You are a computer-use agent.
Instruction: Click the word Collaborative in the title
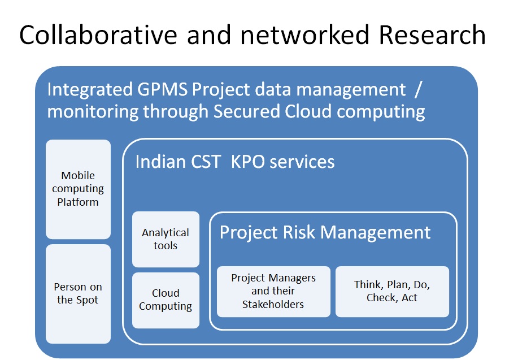pyautogui.click(x=98, y=34)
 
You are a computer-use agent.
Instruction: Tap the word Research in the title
pyautogui.click(x=432, y=34)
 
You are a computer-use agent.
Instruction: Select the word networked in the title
pyautogui.click(x=304, y=34)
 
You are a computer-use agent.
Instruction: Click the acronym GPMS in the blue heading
pyautogui.click(x=162, y=89)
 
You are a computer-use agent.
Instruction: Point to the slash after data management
pyautogui.click(x=418, y=90)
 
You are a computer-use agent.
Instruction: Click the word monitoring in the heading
pyautogui.click(x=93, y=112)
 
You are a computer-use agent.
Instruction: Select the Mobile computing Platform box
pyautogui.click(x=79, y=189)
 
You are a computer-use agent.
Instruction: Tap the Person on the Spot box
pyautogui.click(x=79, y=294)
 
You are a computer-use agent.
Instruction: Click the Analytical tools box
pyautogui.click(x=166, y=239)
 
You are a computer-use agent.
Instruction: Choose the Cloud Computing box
pyautogui.click(x=166, y=300)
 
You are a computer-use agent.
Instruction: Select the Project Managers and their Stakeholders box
pyautogui.click(x=273, y=292)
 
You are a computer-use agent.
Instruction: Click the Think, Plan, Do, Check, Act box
pyautogui.click(x=392, y=292)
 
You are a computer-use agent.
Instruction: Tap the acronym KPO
pyautogui.click(x=248, y=162)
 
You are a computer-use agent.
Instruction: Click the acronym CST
pyautogui.click(x=206, y=162)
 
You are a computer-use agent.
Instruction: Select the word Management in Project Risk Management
pyautogui.click(x=376, y=233)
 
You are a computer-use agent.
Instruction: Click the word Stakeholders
pyautogui.click(x=273, y=304)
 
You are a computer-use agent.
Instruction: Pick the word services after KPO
pyautogui.click(x=302, y=162)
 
